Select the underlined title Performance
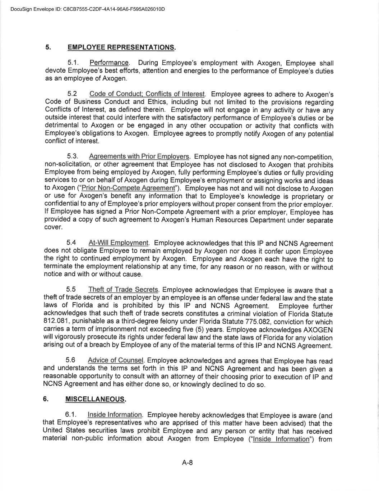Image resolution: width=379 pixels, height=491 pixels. tap(109, 63)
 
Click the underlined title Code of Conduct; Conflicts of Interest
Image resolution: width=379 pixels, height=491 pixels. tap(147, 94)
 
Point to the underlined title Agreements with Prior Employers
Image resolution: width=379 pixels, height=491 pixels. tap(139, 157)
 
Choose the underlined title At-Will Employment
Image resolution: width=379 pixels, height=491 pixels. tap(119, 243)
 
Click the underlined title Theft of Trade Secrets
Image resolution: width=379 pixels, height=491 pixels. tap(123, 290)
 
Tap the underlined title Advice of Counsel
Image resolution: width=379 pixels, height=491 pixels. tap(115, 360)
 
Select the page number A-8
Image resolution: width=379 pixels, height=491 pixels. tap(188, 463)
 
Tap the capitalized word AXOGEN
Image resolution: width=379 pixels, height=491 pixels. tap(318, 330)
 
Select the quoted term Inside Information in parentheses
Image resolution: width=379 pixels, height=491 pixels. tap(281, 439)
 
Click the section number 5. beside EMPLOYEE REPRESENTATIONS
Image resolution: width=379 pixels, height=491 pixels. tap(48, 47)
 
